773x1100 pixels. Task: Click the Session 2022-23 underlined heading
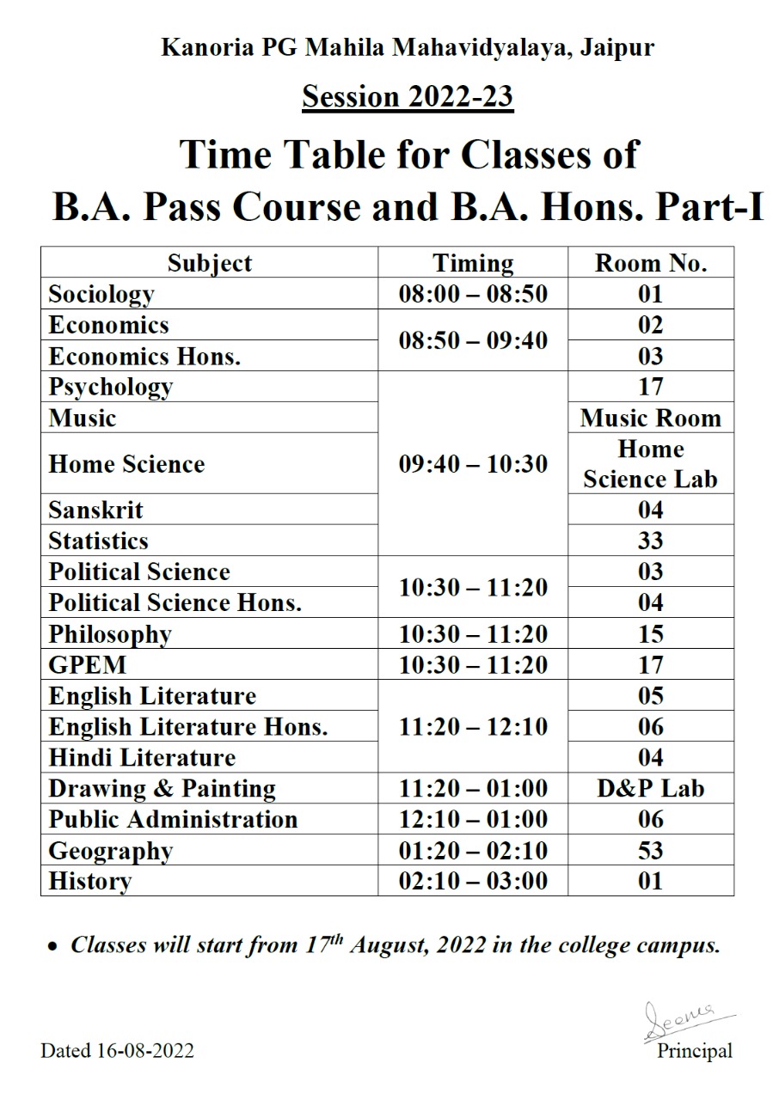[x=408, y=96]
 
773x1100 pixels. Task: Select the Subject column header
[x=210, y=263]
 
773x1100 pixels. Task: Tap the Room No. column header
[x=651, y=263]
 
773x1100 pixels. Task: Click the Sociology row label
[x=101, y=294]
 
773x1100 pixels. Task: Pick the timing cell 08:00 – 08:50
[x=473, y=294]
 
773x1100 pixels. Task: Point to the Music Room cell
[x=651, y=418]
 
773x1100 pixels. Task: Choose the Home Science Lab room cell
[x=651, y=464]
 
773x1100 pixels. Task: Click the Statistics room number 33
[x=651, y=541]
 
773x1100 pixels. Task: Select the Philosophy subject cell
[x=110, y=634]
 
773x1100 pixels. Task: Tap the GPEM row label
[x=87, y=665]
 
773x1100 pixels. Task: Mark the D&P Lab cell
[x=651, y=789]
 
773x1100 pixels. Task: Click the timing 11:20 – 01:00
[x=473, y=789]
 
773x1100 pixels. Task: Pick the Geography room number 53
[x=651, y=851]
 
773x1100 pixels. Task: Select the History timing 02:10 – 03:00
[x=473, y=882]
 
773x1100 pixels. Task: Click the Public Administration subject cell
[x=173, y=820]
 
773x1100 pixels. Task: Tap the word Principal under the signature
[x=695, y=1050]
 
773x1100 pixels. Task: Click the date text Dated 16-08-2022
[x=117, y=1051]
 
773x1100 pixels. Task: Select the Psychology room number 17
[x=651, y=387]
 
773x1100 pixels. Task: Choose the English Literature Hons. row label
[x=188, y=727]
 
